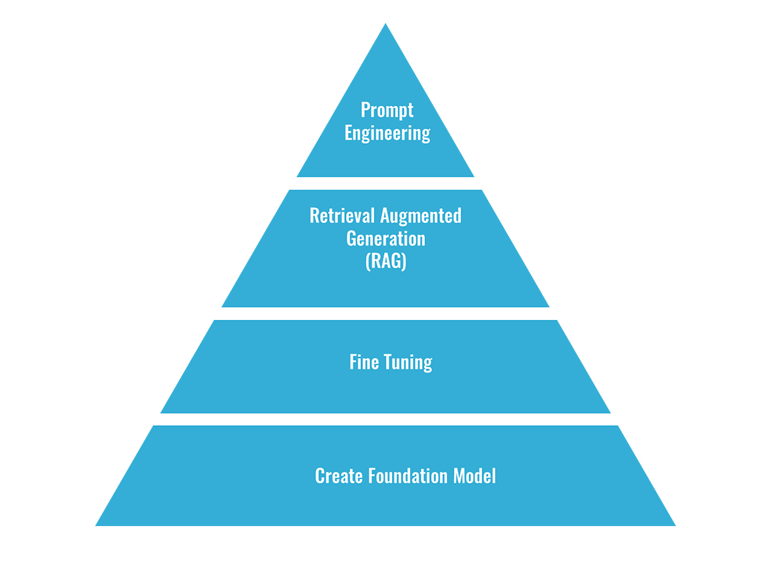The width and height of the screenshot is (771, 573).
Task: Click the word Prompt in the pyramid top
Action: [386, 110]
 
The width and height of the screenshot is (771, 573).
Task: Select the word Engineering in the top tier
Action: [387, 133]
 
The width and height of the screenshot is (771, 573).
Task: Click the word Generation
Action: [385, 238]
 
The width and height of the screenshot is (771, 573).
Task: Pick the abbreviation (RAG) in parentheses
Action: [385, 262]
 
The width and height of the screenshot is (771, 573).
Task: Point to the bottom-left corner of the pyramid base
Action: [97, 525]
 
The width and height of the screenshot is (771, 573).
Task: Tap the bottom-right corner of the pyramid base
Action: [674, 525]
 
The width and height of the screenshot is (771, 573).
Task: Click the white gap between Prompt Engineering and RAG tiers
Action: [385, 183]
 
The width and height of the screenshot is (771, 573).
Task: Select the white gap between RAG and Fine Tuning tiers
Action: [385, 313]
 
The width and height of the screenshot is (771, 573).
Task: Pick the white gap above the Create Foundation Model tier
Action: [385, 419]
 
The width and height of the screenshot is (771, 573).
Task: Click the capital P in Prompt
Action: [365, 110]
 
